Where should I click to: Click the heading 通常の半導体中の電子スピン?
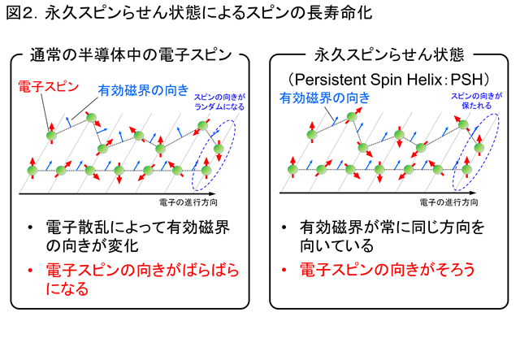click(x=131, y=55)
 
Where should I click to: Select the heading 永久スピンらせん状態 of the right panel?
click(x=389, y=54)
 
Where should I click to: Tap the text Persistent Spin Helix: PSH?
click(x=388, y=80)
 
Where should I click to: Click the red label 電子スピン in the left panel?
click(x=49, y=87)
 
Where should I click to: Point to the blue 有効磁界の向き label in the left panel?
click(x=143, y=90)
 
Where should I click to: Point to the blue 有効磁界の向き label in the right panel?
click(x=325, y=98)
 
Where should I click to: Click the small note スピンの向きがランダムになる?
click(x=219, y=102)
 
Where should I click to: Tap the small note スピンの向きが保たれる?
click(x=477, y=101)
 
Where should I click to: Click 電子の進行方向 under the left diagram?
click(x=188, y=202)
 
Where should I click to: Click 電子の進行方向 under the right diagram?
click(x=448, y=202)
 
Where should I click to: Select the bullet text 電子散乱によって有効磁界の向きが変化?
click(x=137, y=236)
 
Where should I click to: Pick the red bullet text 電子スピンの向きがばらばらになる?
click(x=142, y=279)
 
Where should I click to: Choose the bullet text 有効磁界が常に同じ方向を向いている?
click(x=392, y=236)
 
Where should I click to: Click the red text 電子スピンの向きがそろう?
click(x=388, y=270)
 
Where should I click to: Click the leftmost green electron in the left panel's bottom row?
click(x=32, y=171)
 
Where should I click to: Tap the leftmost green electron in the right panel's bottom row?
click(x=292, y=170)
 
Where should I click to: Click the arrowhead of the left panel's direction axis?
click(x=213, y=193)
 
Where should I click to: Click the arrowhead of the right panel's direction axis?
click(x=474, y=193)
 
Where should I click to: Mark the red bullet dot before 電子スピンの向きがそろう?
click(x=284, y=270)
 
